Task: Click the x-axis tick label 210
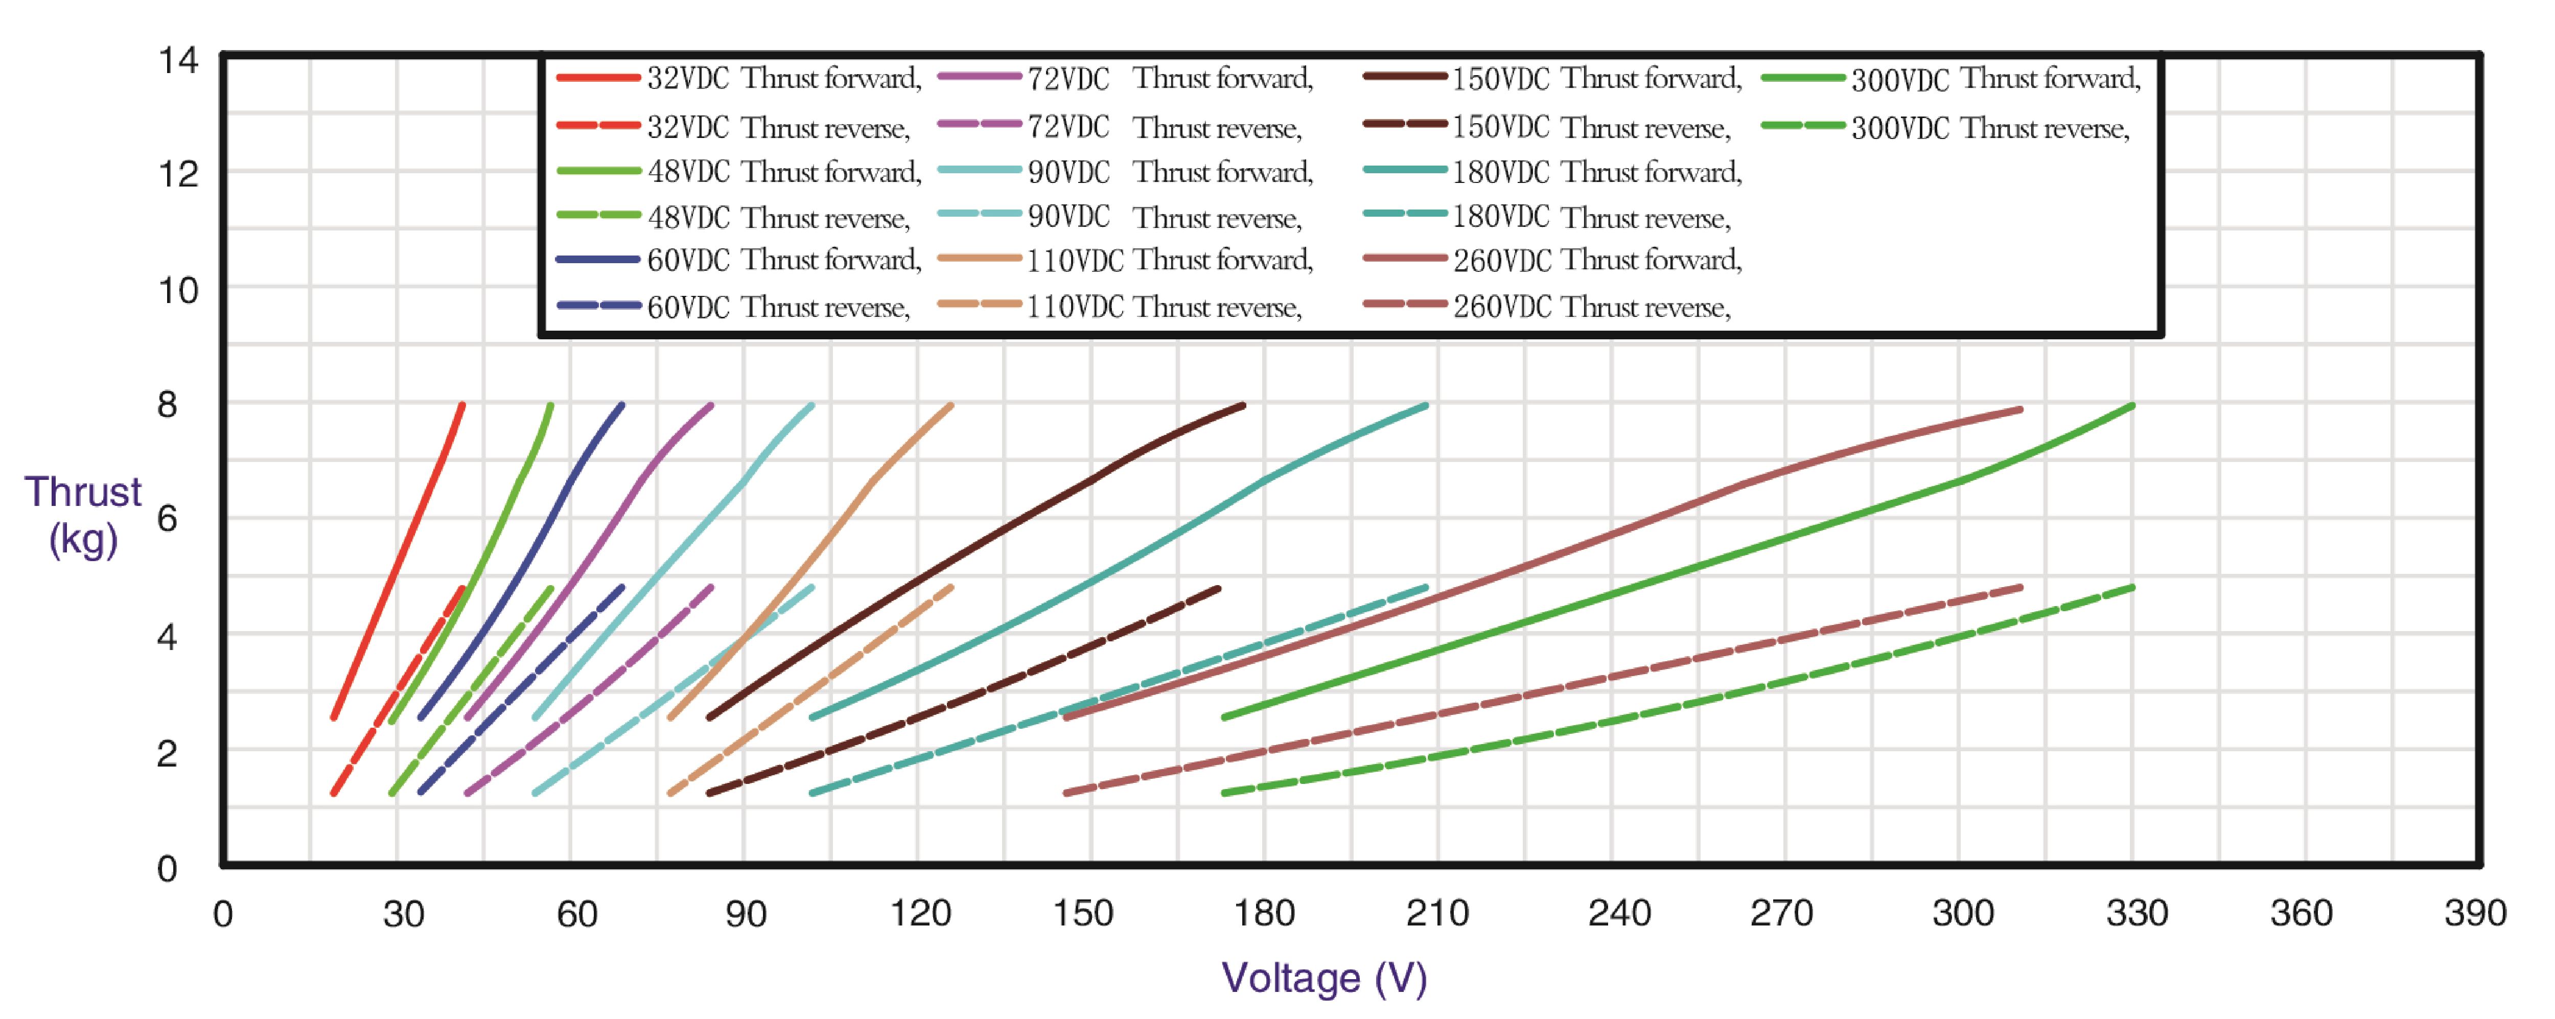click(1437, 913)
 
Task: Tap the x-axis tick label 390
click(2475, 913)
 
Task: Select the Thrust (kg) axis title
click(83, 516)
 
